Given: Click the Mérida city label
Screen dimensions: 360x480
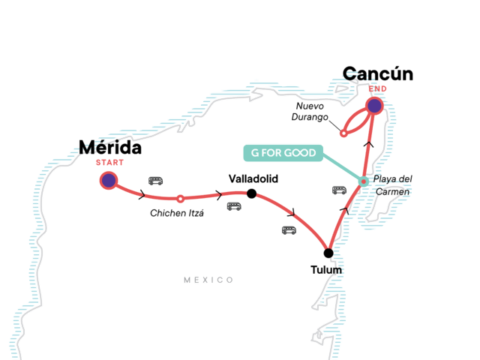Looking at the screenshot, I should tap(110, 148).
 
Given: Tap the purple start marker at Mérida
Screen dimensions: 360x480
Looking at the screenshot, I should tap(109, 180).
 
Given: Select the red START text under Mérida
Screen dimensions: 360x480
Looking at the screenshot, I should tap(109, 162).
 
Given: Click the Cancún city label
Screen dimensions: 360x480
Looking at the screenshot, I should tap(378, 74).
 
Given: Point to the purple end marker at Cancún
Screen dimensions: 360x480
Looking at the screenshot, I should tap(374, 106).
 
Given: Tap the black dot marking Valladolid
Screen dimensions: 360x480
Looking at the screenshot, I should tap(251, 193).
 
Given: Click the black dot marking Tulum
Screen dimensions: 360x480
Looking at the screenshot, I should tap(328, 253).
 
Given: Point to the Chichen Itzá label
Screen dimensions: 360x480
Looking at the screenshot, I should tap(177, 213).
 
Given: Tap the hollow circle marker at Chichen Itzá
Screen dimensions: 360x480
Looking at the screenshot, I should tap(180, 199).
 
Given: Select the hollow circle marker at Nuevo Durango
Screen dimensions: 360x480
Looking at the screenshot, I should tap(343, 134).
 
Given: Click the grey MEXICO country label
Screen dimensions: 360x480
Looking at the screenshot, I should tap(208, 280).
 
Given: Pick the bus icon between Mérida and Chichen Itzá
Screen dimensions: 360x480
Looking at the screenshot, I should tap(155, 181).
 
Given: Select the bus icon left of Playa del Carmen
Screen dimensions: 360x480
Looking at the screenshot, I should tap(339, 190).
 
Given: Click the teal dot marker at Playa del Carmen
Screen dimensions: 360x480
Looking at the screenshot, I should tap(363, 181).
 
